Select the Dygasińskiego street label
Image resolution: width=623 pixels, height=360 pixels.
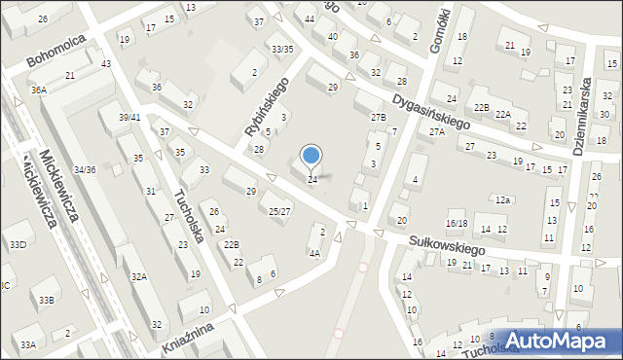[x=432, y=112]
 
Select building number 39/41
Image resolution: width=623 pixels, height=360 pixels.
[x=129, y=118]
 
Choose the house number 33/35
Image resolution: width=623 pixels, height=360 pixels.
[x=282, y=49]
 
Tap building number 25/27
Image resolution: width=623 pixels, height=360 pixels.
[x=279, y=211]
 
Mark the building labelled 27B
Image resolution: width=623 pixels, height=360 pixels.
[x=378, y=117]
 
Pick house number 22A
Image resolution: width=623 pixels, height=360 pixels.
[x=502, y=115]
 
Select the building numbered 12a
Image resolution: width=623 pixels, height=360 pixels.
[x=502, y=199]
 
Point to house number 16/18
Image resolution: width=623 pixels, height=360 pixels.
[x=457, y=224]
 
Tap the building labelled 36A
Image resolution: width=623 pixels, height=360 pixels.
[x=38, y=90]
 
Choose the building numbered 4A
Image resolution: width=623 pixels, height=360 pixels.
[x=314, y=253]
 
